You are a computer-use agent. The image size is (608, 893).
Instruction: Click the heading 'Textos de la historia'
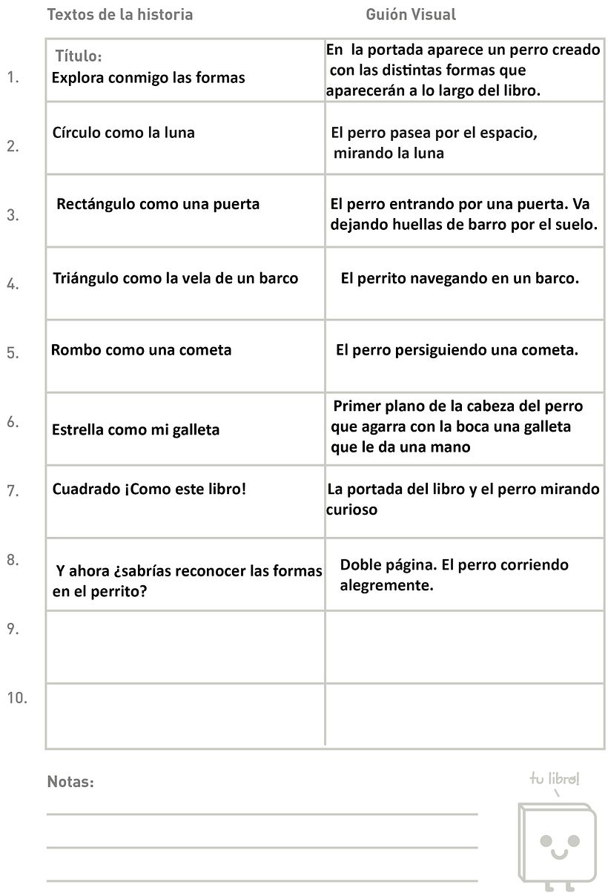pos(119,14)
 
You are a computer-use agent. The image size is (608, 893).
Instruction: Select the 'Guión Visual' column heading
pos(411,14)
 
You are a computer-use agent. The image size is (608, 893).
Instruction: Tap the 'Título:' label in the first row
pos(79,56)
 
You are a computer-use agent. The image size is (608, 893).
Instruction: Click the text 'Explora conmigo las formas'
pos(148,78)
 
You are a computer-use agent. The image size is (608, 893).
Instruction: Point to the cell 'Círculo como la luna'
pos(124,134)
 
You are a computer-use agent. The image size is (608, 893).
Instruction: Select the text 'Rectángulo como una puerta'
pos(158,204)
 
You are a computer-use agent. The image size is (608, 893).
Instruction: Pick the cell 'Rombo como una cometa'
pos(141,350)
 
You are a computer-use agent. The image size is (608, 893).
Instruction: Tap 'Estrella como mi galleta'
pos(136,430)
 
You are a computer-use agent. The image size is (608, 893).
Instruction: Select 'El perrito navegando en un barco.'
pos(459,279)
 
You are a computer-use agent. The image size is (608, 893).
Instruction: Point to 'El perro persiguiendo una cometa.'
pos(457,350)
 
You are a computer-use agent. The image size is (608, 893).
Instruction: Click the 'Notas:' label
pos(70,782)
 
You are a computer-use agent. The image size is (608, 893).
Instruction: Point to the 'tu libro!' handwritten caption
pos(555,779)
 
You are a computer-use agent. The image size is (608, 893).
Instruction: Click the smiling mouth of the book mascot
pos(558,852)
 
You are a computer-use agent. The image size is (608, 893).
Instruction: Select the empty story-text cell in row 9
pos(185,646)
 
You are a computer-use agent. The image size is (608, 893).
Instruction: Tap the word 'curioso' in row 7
pos(351,510)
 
